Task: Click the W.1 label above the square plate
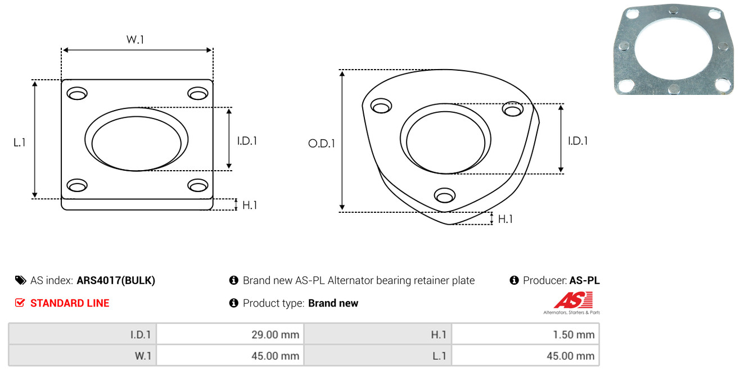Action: (x=136, y=39)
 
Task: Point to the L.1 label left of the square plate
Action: (x=20, y=143)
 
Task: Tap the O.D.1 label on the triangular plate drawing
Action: (x=322, y=143)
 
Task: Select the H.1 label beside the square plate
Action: (x=250, y=205)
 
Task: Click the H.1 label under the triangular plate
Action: (x=505, y=219)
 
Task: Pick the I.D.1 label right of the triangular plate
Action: (x=578, y=141)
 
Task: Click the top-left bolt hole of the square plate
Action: (x=77, y=93)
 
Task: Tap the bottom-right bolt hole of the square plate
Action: (x=198, y=185)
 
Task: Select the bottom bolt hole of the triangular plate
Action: (x=445, y=195)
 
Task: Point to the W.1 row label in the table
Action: (x=143, y=356)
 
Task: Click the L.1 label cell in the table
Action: (x=439, y=356)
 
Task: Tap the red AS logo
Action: (x=573, y=300)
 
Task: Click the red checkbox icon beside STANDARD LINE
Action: (x=20, y=303)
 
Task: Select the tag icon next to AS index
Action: (x=20, y=280)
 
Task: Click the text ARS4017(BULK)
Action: (x=116, y=280)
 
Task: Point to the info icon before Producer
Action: (x=514, y=280)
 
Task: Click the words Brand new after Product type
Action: (x=333, y=303)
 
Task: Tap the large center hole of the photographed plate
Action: (x=673, y=49)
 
